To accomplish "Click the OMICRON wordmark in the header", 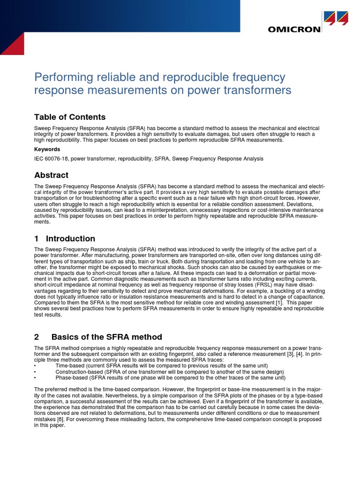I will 294,29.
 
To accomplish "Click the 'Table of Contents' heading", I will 70,117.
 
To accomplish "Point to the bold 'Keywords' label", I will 47,149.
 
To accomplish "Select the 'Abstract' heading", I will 51,175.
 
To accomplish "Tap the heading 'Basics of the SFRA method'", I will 106,337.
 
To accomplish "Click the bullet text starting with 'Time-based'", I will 162,365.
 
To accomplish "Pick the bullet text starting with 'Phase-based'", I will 170,378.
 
